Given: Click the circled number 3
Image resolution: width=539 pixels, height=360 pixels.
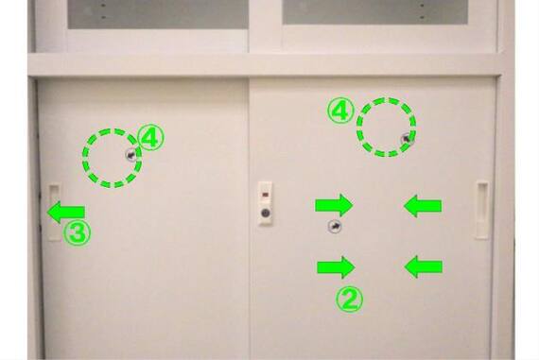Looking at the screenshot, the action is coord(77,232).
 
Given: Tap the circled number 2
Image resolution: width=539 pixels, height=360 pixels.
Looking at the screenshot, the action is coord(349,300).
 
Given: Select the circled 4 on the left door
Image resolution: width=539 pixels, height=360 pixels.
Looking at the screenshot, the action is coord(150,137).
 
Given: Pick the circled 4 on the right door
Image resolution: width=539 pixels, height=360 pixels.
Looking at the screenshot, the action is coord(340,111).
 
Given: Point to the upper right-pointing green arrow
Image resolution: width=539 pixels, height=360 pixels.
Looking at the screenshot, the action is coord(334,205).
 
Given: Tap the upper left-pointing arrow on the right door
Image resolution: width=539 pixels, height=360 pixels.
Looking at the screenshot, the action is coord(423,206).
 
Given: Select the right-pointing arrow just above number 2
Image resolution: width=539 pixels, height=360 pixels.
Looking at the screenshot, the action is coord(336,266).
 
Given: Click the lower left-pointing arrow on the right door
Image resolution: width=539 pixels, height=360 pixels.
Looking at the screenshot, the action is coord(423,266).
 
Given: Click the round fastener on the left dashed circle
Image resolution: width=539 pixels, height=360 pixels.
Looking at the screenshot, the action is coord(131,156).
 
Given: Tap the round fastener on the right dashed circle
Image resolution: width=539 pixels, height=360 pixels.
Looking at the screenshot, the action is coord(407,139).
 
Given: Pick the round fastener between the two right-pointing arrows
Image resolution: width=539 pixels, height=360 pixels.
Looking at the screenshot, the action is coord(335,227).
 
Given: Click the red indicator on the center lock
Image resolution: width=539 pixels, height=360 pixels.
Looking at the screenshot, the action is coord(265,195).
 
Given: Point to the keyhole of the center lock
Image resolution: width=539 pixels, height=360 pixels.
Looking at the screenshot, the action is coord(265,213).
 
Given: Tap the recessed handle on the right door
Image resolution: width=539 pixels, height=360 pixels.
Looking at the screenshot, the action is coord(482,210).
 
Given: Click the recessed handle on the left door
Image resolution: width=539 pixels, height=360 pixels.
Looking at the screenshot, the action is coord(55,213).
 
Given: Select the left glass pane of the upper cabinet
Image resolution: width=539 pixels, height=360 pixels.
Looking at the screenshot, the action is coord(158,14).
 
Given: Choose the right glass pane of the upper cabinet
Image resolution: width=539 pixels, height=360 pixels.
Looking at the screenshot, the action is coord(375,11).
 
